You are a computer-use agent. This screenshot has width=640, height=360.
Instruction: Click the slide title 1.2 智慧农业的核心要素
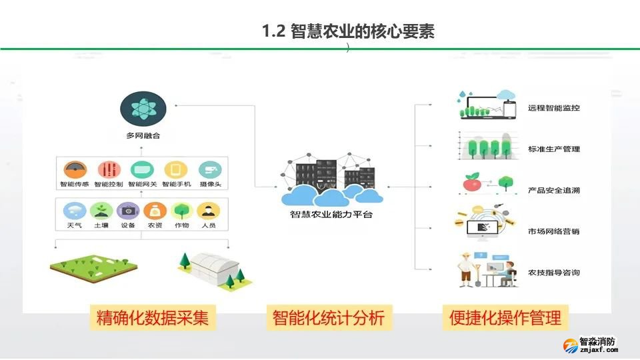[x=348, y=31]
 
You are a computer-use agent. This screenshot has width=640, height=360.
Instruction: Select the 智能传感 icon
[x=74, y=169]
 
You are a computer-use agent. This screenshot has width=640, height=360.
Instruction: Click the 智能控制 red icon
[x=109, y=169]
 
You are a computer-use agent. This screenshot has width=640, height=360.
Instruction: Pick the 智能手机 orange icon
[x=175, y=169]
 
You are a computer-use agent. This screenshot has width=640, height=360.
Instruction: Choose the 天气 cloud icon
[x=74, y=211]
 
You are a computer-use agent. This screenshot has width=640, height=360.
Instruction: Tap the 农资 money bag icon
[x=155, y=211]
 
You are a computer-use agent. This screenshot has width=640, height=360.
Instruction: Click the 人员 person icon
[x=209, y=211]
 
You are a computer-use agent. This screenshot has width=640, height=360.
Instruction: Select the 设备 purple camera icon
[x=128, y=211]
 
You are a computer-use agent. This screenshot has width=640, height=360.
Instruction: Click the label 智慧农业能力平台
[x=331, y=215]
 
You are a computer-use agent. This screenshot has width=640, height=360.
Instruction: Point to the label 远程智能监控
[x=553, y=107]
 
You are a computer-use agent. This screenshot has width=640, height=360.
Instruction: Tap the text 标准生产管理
[x=553, y=149]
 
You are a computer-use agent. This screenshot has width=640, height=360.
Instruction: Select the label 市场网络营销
[x=553, y=231]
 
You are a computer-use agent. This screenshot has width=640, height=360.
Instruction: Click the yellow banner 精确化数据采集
[x=153, y=318]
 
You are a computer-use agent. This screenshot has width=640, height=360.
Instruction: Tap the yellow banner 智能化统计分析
[x=329, y=318]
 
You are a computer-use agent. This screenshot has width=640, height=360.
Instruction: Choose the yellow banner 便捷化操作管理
[x=505, y=318]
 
